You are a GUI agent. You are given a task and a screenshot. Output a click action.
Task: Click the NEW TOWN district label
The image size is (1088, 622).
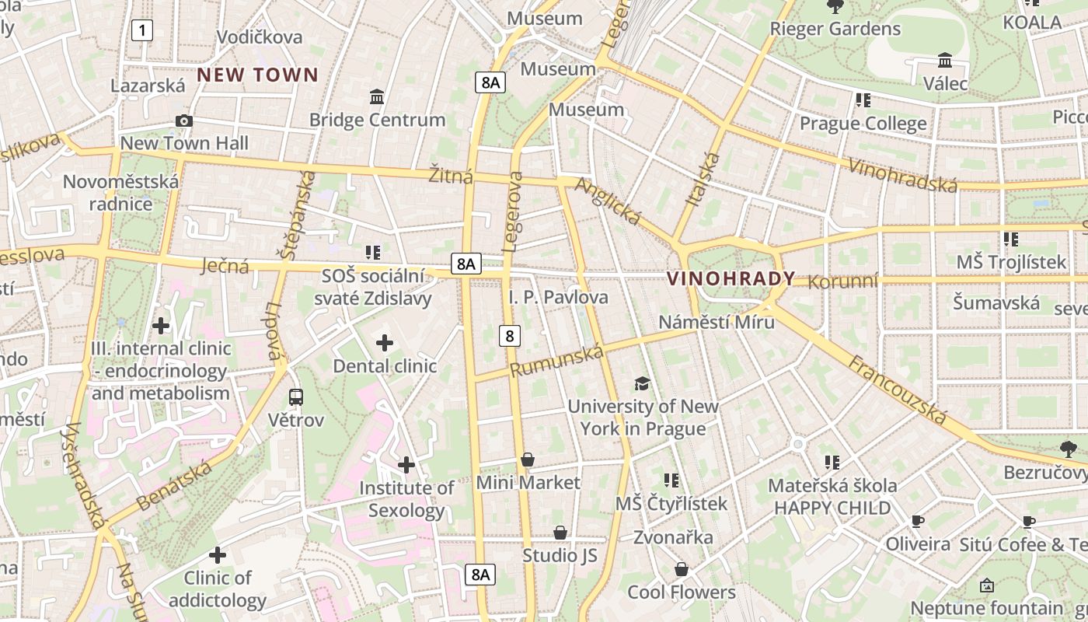tap(257, 75)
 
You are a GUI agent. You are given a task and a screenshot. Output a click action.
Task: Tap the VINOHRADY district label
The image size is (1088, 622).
tap(731, 278)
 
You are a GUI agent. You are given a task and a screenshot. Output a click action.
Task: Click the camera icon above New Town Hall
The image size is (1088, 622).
tap(184, 121)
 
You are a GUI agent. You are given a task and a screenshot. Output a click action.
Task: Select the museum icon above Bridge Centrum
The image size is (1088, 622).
tap(378, 96)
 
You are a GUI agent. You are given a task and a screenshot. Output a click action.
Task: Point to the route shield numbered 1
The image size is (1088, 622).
tap(142, 30)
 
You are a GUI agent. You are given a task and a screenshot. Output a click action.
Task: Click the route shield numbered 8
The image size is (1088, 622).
tap(510, 335)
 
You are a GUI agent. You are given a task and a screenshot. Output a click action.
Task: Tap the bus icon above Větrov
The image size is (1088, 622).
tap(296, 397)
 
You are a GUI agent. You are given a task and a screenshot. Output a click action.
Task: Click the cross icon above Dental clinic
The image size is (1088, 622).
tap(385, 342)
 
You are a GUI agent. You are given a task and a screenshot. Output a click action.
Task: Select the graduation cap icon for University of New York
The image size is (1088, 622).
tap(642, 383)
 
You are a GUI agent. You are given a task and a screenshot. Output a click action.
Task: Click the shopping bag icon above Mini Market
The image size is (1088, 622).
tap(528, 460)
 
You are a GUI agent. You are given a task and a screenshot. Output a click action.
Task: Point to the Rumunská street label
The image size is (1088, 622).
tap(557, 362)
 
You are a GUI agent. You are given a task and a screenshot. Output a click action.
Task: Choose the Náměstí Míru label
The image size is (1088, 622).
tap(717, 321)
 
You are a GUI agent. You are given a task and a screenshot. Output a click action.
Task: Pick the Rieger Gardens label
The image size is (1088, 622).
tap(835, 29)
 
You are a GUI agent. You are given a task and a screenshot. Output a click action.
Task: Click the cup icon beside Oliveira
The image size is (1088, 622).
tap(918, 521)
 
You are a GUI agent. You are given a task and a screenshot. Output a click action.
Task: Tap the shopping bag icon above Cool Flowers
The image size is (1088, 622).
tap(682, 569)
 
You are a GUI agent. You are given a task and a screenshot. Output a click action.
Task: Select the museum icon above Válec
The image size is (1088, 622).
tap(945, 60)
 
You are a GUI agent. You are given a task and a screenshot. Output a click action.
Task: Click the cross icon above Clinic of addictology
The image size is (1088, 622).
tap(218, 554)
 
